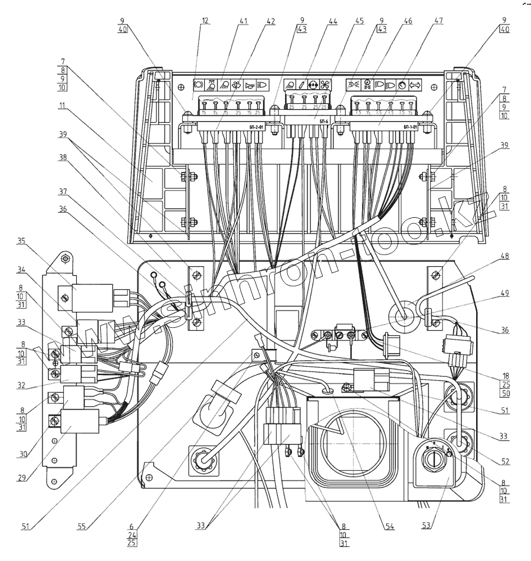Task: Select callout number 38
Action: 62,158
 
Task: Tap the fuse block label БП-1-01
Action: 411,126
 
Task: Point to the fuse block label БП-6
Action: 324,120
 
